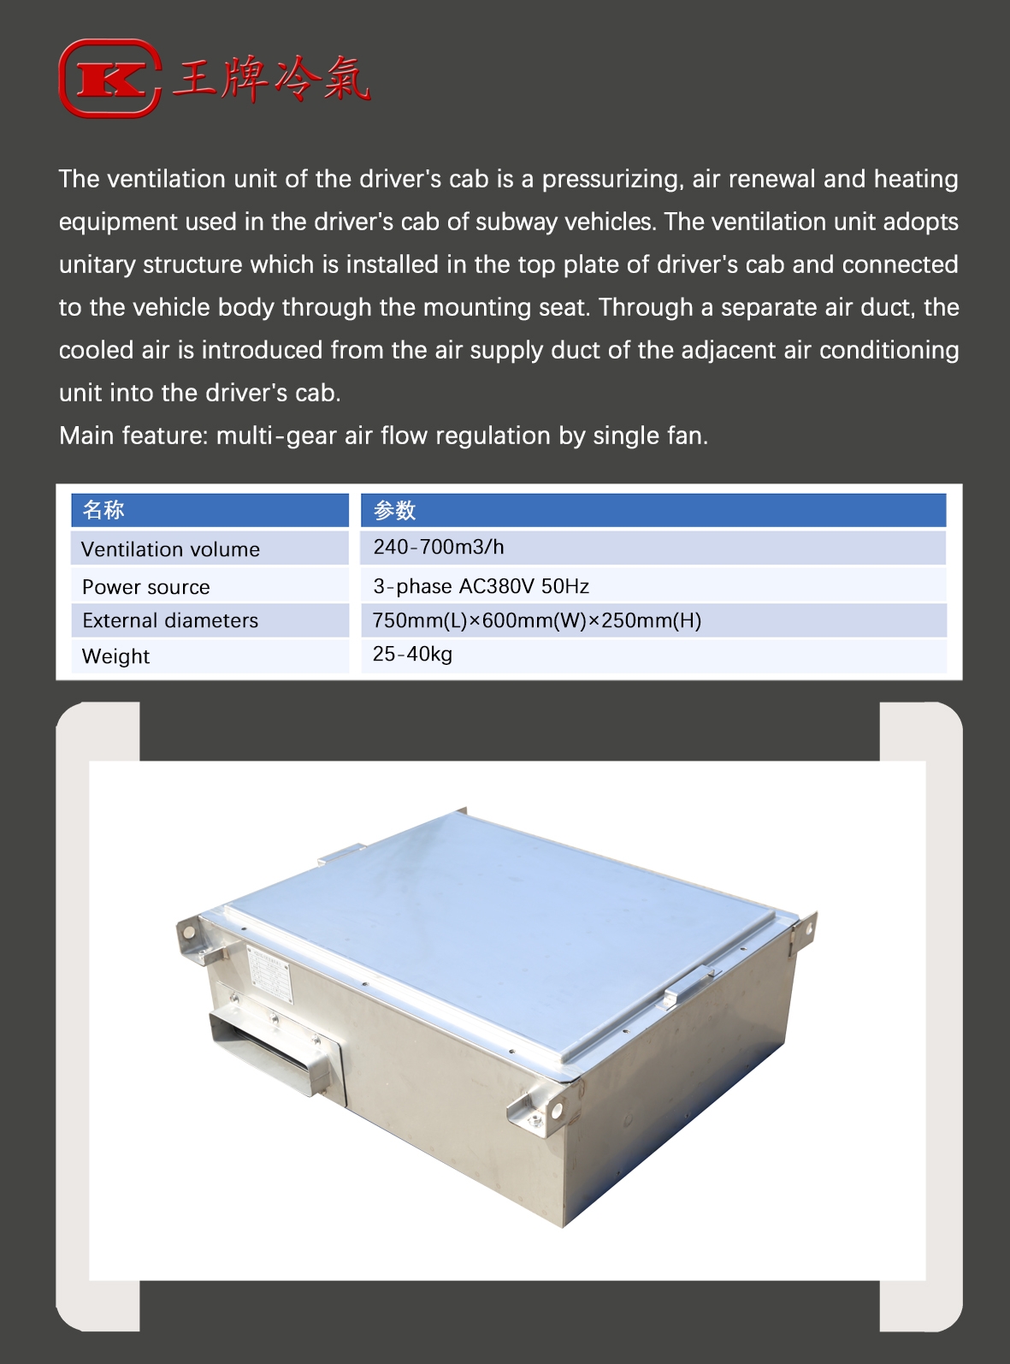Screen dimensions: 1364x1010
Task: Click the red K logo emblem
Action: tap(109, 79)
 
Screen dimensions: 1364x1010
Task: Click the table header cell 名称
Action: tap(103, 510)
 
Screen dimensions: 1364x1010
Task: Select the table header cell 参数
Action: tap(394, 510)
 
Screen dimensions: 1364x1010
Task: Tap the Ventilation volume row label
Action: tap(170, 549)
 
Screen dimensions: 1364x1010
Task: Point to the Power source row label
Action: tap(146, 587)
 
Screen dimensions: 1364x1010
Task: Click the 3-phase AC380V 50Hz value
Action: tap(481, 586)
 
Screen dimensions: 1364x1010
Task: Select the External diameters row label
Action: tap(170, 620)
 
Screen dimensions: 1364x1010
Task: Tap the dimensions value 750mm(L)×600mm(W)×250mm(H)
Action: tap(536, 620)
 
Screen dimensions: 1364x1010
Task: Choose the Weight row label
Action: tap(115, 656)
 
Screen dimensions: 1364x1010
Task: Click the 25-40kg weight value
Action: tap(412, 655)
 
